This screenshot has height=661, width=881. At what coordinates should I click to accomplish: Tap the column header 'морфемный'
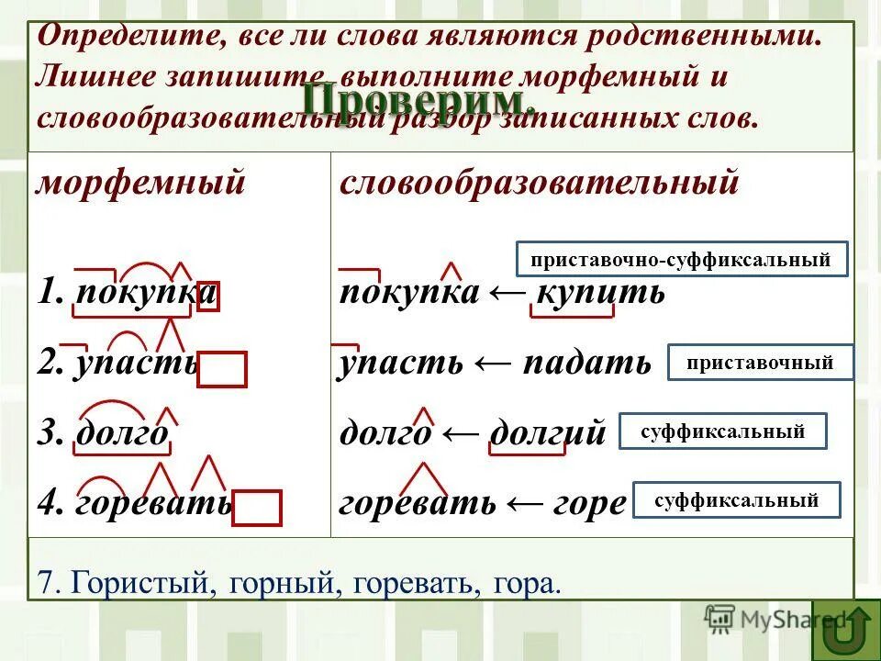[140, 182]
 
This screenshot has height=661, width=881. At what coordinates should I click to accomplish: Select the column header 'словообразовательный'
[539, 182]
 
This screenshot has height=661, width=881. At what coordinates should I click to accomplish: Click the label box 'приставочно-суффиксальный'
[682, 260]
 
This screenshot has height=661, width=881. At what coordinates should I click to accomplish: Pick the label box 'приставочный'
[760, 363]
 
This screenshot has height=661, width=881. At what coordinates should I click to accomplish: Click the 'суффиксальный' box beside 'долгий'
[723, 431]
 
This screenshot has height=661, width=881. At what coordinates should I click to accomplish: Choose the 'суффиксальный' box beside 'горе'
[736, 500]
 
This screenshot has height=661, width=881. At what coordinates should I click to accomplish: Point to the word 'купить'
[600, 294]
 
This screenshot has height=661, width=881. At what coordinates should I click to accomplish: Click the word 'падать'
[586, 363]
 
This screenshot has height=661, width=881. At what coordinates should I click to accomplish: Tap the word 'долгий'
[549, 431]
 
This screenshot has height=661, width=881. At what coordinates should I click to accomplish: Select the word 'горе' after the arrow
[590, 503]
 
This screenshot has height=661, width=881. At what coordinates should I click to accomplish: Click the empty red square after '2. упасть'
[221, 369]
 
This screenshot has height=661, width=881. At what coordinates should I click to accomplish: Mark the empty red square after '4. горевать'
[256, 508]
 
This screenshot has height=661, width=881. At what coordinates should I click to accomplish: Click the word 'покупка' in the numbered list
[146, 294]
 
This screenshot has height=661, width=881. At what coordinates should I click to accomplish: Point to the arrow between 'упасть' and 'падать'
[493, 363]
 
